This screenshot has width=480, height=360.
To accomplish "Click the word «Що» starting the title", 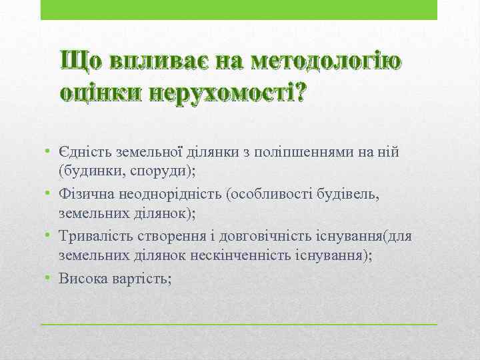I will (79, 61).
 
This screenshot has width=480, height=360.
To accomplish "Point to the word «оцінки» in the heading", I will (101, 92).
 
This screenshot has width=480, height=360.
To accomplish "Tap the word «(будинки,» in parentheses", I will (87, 171).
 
